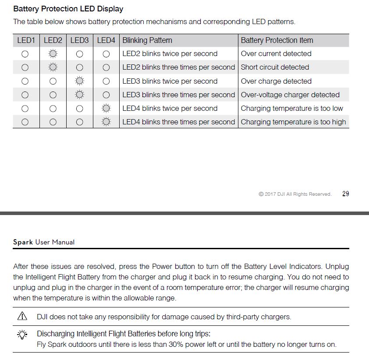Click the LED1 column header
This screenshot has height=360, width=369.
pos(26,40)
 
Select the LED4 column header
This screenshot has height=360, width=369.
pos(106,40)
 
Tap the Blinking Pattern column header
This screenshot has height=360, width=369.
pos(147,40)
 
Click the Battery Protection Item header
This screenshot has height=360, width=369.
pos(277,40)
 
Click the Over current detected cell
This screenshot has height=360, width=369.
pos(276,54)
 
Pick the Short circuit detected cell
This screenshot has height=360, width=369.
pos(275,67)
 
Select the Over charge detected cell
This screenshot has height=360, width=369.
pos(276,81)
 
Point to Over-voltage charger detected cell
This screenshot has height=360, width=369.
pos(290,95)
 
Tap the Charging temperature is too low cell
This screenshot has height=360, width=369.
pos(292,109)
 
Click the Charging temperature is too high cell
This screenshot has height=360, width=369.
pos(293,122)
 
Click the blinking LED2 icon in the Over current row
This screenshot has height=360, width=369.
pos(53,54)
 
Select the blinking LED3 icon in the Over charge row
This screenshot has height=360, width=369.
pos(79,81)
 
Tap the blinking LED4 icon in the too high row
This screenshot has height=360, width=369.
pos(106,122)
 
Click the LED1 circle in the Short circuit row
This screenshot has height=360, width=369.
pos(25,67)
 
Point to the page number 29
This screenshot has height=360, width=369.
pos(345,194)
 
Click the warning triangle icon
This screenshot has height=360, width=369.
pos(22,316)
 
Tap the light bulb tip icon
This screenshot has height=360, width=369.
pos(22,335)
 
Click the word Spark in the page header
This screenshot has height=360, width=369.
pos(23,242)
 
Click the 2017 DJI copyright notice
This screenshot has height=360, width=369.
pos(295,194)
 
